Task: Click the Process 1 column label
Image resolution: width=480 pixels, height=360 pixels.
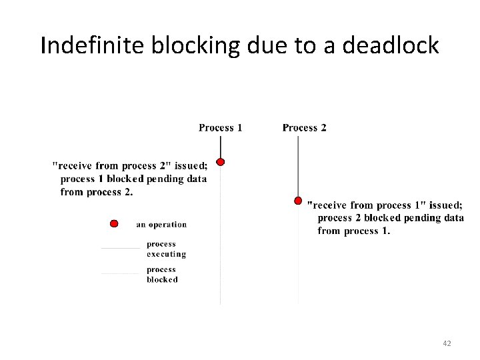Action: tap(220, 127)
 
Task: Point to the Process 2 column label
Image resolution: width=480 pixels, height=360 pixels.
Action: tap(304, 127)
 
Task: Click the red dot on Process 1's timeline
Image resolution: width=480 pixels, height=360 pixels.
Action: tap(221, 161)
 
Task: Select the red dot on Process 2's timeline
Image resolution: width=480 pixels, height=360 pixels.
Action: tap(298, 200)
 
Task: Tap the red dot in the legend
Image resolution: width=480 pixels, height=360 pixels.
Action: tap(114, 223)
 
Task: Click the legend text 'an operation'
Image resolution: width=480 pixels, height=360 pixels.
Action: tap(161, 225)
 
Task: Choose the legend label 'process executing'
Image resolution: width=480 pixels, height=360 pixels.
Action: tap(166, 249)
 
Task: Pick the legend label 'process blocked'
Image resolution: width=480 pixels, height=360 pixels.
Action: tap(162, 274)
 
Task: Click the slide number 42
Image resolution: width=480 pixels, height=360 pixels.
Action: tap(447, 343)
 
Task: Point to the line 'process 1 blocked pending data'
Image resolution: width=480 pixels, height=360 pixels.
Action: tap(133, 179)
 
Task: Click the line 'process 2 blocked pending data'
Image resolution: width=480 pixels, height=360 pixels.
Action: tap(391, 218)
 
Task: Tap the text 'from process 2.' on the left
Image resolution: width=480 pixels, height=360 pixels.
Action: tap(97, 192)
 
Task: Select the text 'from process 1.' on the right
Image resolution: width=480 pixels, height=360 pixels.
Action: tap(354, 231)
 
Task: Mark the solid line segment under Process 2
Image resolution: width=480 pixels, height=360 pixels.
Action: tap(298, 167)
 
